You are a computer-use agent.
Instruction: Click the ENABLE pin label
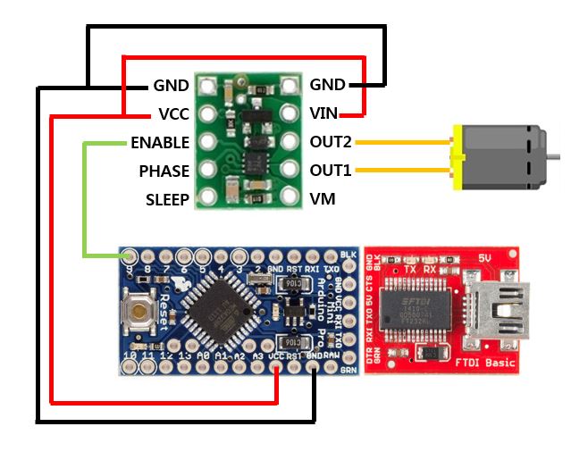click(160, 142)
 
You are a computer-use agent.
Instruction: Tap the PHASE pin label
click(164, 171)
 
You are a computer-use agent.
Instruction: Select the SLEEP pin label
click(167, 199)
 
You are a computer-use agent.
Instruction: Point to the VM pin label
click(323, 199)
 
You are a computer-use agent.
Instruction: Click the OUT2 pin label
click(331, 142)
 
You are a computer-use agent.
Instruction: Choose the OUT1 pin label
click(331, 171)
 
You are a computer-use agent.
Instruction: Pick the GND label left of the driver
click(171, 86)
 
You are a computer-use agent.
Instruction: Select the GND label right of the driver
click(327, 85)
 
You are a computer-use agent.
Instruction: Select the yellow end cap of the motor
click(458, 157)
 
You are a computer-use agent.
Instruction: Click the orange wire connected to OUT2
click(402, 143)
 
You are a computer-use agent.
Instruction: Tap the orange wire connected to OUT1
click(402, 171)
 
